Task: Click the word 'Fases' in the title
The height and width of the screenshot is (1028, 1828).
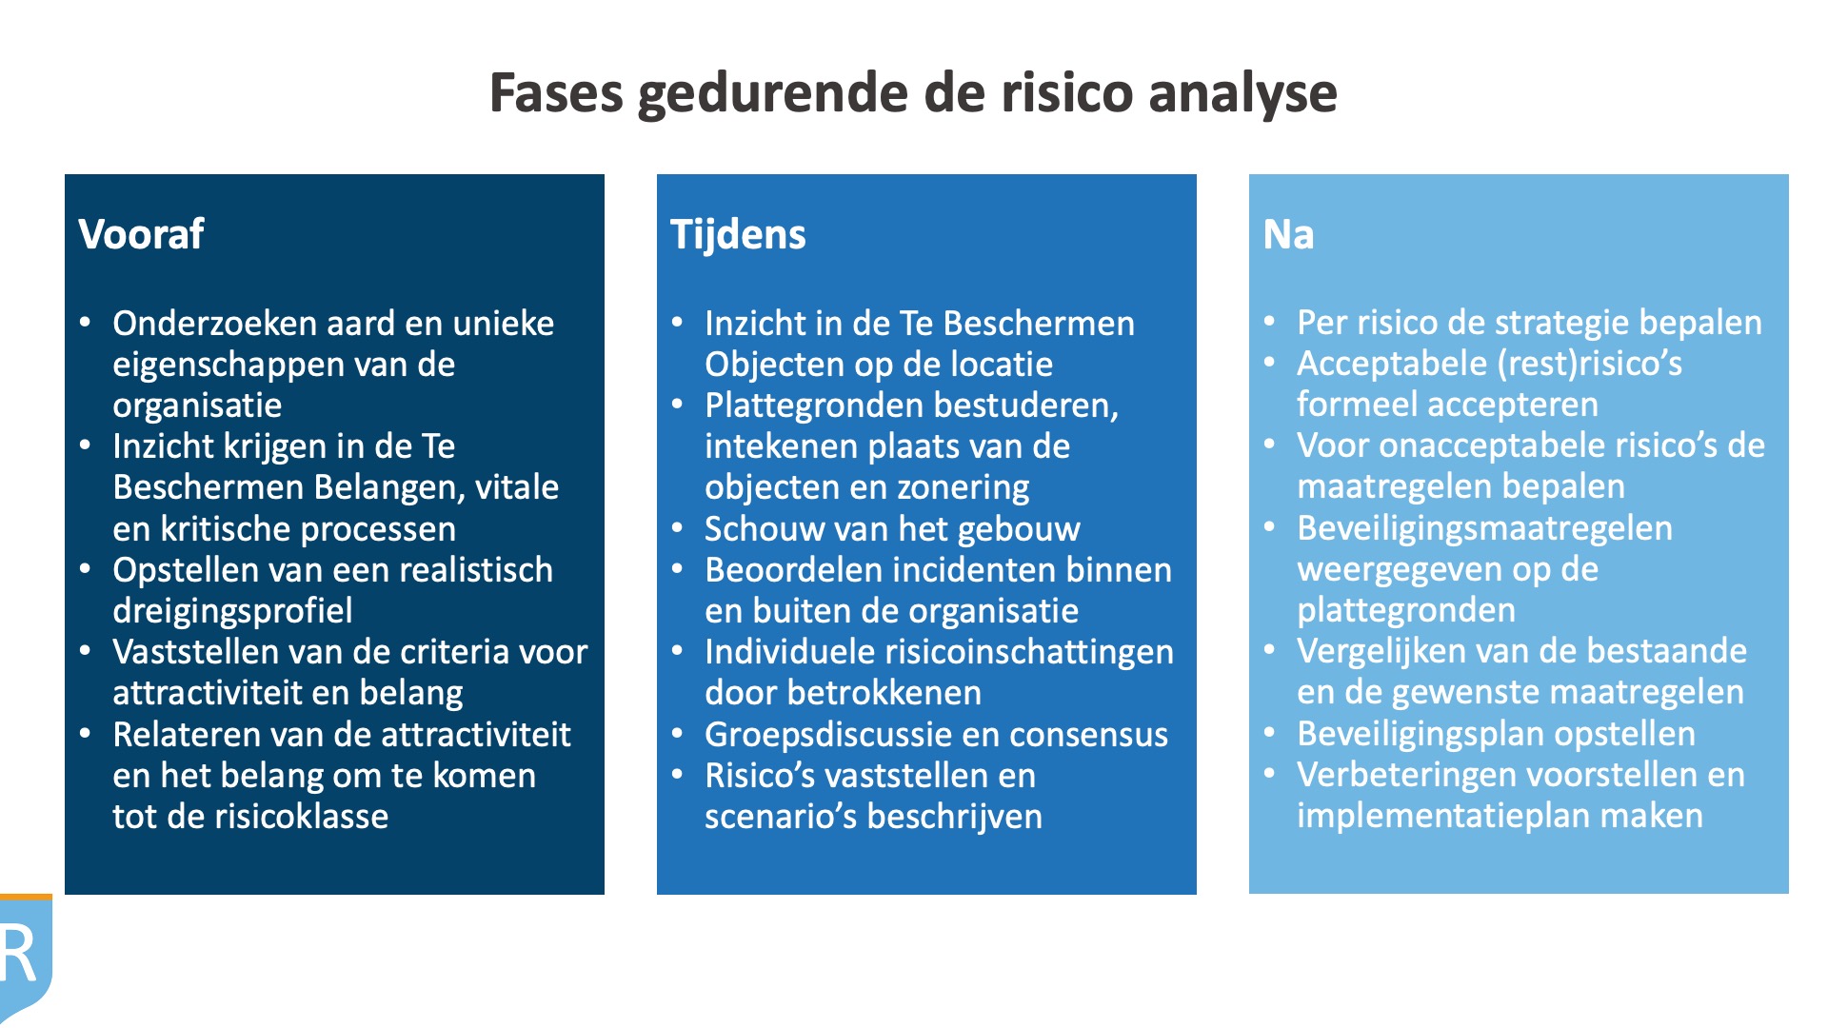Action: click(556, 93)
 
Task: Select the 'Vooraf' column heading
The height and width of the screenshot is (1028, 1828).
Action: click(141, 234)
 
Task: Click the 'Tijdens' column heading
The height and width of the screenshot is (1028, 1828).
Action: click(738, 234)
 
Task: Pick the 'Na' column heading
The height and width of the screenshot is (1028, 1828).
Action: click(1288, 234)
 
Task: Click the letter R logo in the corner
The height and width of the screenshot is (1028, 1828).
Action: click(21, 954)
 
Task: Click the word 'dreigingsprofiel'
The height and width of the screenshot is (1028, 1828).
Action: click(232, 611)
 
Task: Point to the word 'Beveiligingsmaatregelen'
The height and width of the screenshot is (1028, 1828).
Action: click(1484, 528)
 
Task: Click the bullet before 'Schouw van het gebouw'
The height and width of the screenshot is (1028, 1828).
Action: click(678, 527)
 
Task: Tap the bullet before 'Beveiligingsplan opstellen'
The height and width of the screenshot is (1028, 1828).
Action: click(1270, 732)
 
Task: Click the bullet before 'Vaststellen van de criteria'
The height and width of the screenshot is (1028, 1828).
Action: click(86, 651)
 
